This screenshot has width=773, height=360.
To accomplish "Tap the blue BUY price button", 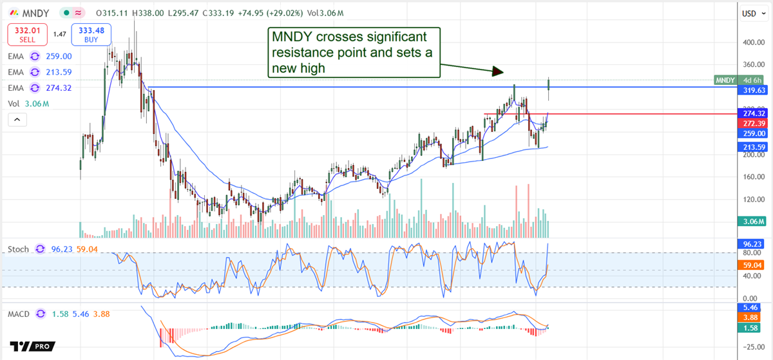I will pyautogui.click(x=92, y=33).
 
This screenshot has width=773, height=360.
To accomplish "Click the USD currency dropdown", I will pyautogui.click(x=751, y=14).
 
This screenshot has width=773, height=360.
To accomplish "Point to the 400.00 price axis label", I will pyautogui.click(x=751, y=43).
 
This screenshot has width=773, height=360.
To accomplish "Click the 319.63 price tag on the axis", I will pyautogui.click(x=751, y=91).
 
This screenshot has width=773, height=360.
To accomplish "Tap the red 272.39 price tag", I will pyautogui.click(x=751, y=123).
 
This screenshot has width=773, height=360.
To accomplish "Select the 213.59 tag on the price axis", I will pyautogui.click(x=751, y=147).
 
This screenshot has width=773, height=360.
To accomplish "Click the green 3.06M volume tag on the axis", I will pyautogui.click(x=751, y=222).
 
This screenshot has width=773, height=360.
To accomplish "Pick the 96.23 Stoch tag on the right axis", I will pyautogui.click(x=751, y=245).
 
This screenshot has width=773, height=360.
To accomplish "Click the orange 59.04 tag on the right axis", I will pyautogui.click(x=751, y=265).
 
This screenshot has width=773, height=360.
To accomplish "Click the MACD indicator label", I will pyautogui.click(x=19, y=314).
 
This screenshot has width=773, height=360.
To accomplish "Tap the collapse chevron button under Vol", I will pyautogui.click(x=17, y=120).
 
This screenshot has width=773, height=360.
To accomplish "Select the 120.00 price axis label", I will pyautogui.click(x=751, y=200).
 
